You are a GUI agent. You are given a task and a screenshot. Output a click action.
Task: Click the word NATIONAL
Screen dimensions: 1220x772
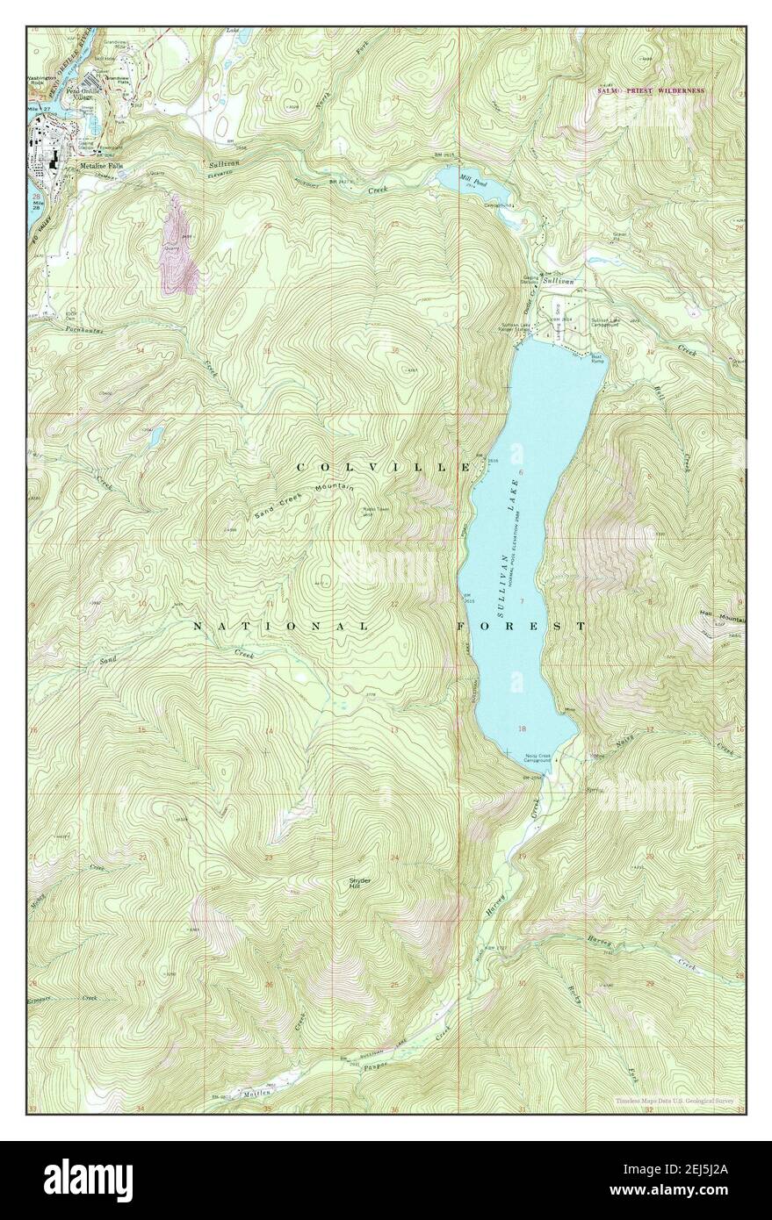280,626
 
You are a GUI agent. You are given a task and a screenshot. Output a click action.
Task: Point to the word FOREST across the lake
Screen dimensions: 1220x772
521,626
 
